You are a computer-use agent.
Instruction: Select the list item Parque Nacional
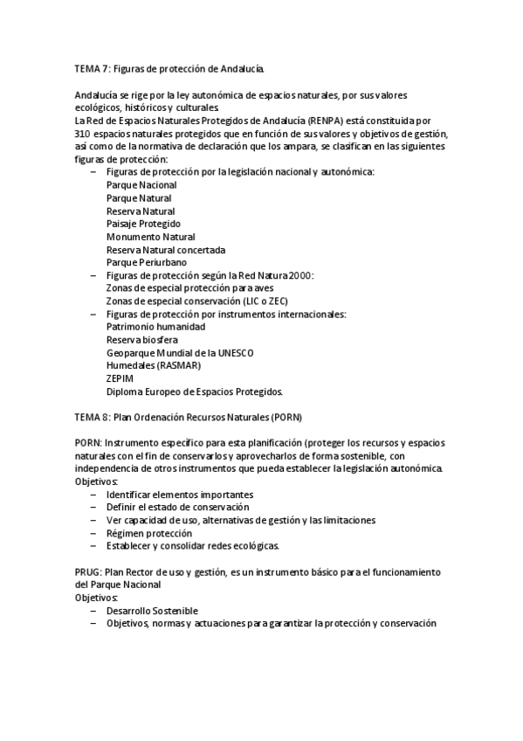coord(141,185)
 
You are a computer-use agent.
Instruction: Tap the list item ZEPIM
coord(119,378)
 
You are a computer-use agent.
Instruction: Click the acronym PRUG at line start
coord(87,571)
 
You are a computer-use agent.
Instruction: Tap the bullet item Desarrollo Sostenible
coord(152,610)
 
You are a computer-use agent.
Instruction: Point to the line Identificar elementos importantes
coord(180,495)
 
